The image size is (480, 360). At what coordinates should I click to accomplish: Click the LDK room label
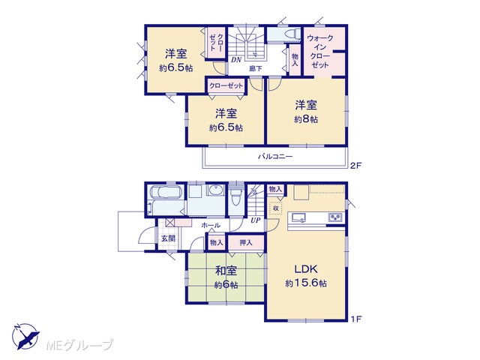306,269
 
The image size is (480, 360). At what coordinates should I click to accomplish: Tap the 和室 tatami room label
226,271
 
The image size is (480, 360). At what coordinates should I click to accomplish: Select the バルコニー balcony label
275,157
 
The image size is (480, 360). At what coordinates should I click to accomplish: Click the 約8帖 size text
306,119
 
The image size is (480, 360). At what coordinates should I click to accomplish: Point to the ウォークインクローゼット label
320,52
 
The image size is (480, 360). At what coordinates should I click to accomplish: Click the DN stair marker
236,60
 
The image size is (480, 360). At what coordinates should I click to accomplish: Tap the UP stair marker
256,220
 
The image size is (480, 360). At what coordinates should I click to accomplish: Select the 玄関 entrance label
168,238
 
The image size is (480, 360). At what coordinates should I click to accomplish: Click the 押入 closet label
246,243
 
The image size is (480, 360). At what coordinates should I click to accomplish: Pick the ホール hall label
211,226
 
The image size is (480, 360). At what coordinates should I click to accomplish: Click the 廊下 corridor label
255,68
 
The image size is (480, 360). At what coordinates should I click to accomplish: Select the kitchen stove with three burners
335,217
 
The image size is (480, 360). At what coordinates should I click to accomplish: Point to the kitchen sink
298,217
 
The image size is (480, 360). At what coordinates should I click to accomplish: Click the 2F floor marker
356,166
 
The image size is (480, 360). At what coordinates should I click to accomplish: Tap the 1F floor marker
356,319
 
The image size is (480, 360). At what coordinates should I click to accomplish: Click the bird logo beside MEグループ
26,336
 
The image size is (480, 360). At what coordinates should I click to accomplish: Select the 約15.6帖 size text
306,283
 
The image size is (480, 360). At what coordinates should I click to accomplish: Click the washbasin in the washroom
217,190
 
